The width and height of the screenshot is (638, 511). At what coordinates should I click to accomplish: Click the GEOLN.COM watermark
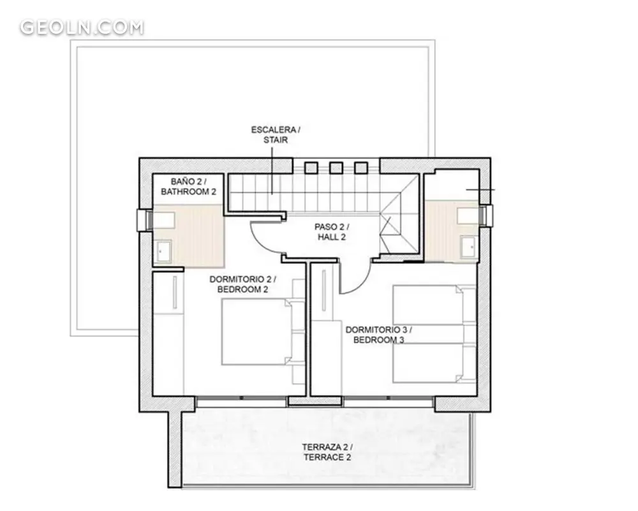tap(82, 27)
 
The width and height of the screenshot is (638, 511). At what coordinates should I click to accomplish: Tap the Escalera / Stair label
tap(276, 135)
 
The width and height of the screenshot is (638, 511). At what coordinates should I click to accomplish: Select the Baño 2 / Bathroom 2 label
tap(188, 187)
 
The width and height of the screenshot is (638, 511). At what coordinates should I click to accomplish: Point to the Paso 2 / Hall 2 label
tap(332, 231)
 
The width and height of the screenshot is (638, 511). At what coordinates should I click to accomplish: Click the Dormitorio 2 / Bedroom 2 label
tap(242, 284)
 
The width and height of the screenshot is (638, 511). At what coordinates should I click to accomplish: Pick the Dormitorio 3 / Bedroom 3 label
tap(379, 335)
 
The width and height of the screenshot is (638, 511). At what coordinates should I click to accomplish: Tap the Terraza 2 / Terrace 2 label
tap(327, 452)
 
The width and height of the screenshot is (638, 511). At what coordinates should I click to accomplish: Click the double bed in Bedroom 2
tap(263, 332)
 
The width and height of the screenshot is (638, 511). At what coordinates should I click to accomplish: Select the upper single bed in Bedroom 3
tap(434, 305)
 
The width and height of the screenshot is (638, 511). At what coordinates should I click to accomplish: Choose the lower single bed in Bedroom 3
tap(434, 363)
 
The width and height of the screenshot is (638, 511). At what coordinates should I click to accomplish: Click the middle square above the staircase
tap(336, 167)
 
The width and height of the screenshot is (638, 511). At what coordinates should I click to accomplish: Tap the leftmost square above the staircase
tap(311, 167)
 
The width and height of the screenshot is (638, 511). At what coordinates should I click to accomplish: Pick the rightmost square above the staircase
tap(361, 167)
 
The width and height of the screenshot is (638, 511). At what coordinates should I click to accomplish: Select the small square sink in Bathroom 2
tap(164, 250)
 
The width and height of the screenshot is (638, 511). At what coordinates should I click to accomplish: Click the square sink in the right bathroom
tap(468, 246)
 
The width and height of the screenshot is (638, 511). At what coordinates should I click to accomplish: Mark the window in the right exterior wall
tap(486, 215)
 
